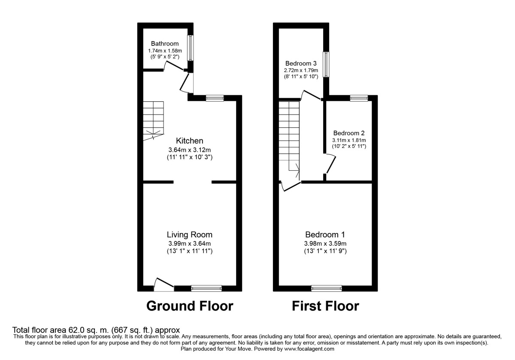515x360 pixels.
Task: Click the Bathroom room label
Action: click(165, 44)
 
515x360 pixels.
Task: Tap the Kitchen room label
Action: click(189, 141)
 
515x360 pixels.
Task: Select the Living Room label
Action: click(189, 235)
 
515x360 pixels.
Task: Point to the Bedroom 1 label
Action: click(325, 235)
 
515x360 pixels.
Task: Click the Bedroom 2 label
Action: click(348, 133)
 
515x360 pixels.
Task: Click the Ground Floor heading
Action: click(190, 306)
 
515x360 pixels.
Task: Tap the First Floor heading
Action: click(325, 306)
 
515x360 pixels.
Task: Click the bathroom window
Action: click(190, 48)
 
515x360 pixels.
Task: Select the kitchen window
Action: click(215, 98)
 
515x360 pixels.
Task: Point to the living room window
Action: click(206, 288)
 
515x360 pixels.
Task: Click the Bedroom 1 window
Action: click(327, 288)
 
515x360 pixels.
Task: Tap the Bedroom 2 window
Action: click(359, 98)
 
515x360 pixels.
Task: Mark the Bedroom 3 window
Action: click(327, 65)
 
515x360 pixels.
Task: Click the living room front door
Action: click(164, 285)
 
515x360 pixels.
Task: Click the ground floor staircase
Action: click(153, 121)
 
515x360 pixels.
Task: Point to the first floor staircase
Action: click(289, 137)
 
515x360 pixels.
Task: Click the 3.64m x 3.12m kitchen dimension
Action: click(189, 150)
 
